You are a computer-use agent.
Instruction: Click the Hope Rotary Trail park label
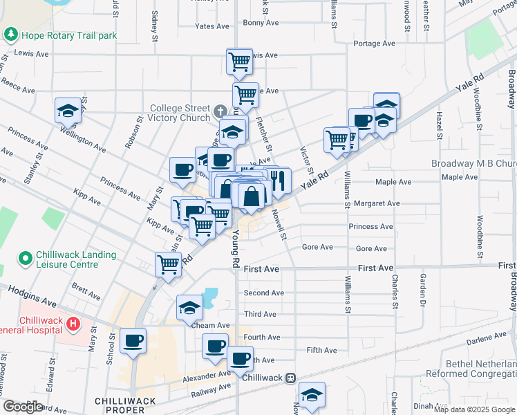coord(68,35)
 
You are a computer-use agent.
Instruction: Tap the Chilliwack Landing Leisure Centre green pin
coord(26,259)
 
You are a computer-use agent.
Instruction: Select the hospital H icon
coord(75,322)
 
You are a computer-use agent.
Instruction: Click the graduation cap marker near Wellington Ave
coord(68,109)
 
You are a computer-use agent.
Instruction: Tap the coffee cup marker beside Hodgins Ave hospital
coord(133,340)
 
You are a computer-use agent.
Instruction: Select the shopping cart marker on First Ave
coord(169,264)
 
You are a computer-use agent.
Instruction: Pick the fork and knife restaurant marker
coord(277,181)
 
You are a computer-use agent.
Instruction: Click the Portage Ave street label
coord(374,43)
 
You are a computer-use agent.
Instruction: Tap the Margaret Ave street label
coord(377,203)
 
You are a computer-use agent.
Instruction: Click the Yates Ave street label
coord(212,26)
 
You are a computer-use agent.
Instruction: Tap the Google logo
coord(23,407)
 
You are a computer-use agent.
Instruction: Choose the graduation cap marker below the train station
coord(312,395)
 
